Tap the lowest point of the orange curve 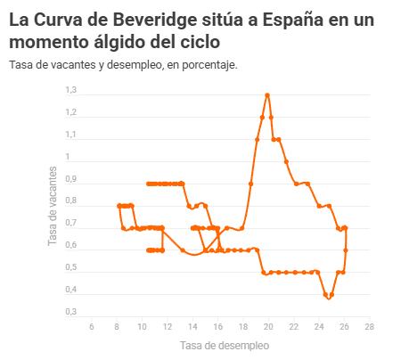point(329,298)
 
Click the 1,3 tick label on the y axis point(71,90)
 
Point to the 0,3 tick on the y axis point(71,312)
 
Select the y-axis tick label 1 point(68,157)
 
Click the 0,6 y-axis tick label point(71,245)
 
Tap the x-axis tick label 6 point(92,327)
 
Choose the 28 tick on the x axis point(370,327)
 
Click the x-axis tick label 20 point(268,327)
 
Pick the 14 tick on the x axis point(192,327)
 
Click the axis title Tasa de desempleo point(225,346)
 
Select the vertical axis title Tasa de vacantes point(53,206)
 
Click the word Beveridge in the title point(154,20)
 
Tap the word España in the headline point(293,20)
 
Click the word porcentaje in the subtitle point(209,65)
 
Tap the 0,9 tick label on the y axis point(71,179)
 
